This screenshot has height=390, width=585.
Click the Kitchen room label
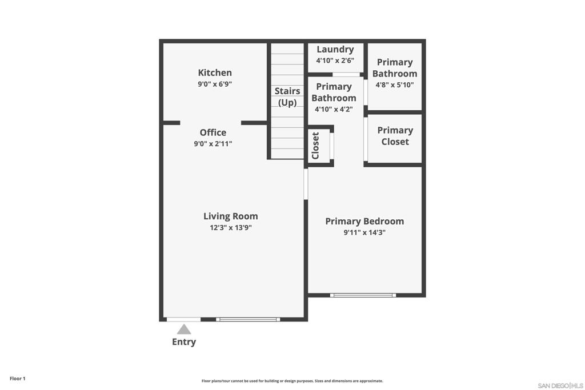[x=215, y=73]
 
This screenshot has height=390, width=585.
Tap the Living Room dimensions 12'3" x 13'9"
[x=231, y=227]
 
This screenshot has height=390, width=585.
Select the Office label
[x=213, y=132]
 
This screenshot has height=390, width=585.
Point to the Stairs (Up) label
[x=287, y=97]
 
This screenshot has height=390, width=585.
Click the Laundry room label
[x=335, y=49]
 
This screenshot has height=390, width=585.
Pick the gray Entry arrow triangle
[x=184, y=329]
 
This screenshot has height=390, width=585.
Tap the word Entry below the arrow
[x=184, y=342]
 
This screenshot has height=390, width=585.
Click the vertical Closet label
[x=315, y=146]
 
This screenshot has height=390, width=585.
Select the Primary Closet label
[x=395, y=136]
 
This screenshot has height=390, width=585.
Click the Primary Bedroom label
[x=364, y=221]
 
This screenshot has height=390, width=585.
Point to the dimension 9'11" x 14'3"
[x=364, y=232]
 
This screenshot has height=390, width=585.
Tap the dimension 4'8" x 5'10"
[x=394, y=85]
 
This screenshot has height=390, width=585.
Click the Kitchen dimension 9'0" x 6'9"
[x=215, y=84]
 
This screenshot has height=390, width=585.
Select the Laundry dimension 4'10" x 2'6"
[x=335, y=61]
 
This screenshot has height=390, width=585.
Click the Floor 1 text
[x=18, y=379]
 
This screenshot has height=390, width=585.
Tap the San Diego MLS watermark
[x=560, y=385]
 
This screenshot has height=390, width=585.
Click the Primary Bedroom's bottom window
[x=363, y=295]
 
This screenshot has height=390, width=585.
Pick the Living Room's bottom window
[x=248, y=320]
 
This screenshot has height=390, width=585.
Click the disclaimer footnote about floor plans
[x=292, y=381]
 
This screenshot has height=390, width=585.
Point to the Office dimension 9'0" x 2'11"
[x=213, y=144]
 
